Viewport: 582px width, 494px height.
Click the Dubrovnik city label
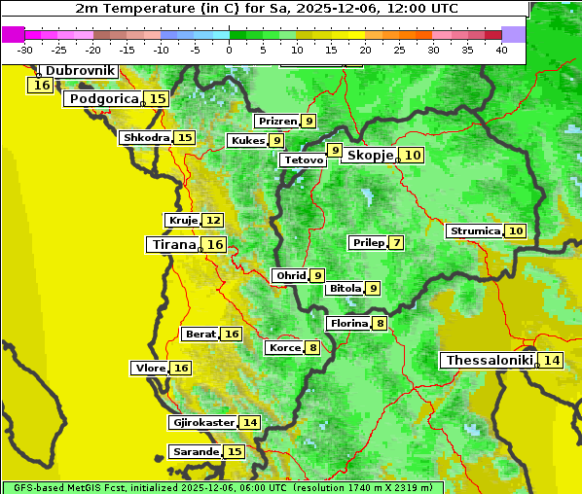[x=80, y=71]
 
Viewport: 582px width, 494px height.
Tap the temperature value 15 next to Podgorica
[x=158, y=98]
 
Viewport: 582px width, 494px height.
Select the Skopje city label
[x=370, y=156]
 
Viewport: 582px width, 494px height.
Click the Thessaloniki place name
[x=489, y=361]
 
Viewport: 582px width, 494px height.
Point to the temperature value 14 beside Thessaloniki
[x=552, y=361]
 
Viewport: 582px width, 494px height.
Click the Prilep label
[x=369, y=242]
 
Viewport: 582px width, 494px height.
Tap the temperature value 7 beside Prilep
[x=397, y=242]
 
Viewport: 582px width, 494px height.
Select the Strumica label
[x=474, y=231]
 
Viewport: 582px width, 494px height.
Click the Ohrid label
[x=290, y=276]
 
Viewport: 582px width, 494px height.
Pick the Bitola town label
[x=345, y=288]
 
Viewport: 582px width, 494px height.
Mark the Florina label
[x=348, y=323]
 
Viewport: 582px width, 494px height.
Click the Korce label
[x=284, y=348]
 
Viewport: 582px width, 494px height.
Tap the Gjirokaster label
[x=202, y=423]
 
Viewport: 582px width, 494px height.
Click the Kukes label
[x=246, y=141]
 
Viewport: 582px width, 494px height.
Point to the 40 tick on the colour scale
[x=501, y=50]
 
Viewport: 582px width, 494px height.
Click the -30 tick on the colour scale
[x=25, y=50]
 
